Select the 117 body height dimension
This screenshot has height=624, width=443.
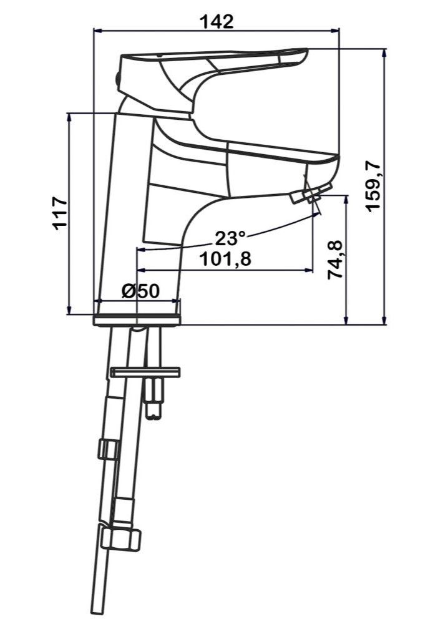(x=61, y=213)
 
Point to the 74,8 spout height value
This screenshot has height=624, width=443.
(x=334, y=260)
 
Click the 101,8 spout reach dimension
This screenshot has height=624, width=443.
(x=225, y=260)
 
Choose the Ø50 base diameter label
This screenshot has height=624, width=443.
(x=141, y=291)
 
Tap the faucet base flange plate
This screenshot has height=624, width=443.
(x=137, y=319)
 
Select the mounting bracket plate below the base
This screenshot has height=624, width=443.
(x=145, y=373)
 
